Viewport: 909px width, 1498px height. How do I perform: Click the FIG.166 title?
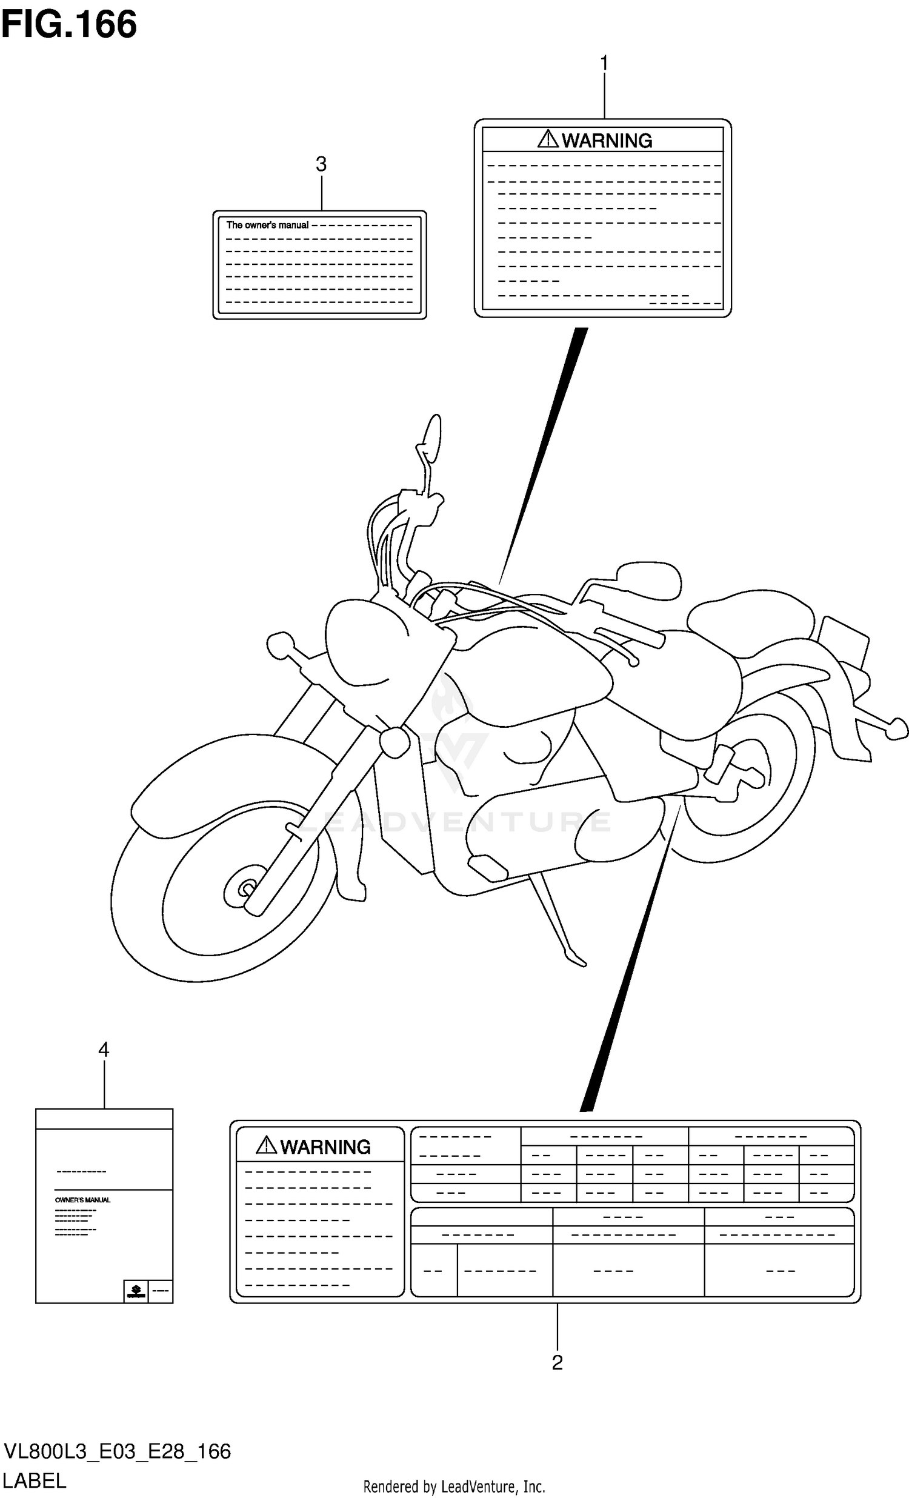tap(68, 25)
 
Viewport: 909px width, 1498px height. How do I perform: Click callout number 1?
tap(604, 63)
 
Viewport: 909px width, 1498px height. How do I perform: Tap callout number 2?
tap(557, 1362)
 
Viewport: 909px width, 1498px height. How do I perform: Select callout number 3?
tap(321, 164)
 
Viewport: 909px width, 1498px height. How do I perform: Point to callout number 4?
tap(104, 1050)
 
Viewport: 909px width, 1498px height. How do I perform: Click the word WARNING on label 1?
tap(607, 141)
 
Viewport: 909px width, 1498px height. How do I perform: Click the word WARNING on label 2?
tap(325, 1147)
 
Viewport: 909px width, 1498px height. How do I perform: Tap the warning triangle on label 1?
tap(548, 139)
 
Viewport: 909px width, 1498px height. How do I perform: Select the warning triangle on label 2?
tap(266, 1145)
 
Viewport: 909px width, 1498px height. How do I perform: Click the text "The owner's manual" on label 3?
tap(267, 225)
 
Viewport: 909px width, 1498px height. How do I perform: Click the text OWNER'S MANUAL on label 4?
tap(82, 1200)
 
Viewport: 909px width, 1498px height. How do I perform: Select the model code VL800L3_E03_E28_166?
tap(118, 1451)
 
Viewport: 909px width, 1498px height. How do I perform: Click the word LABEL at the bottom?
tap(35, 1481)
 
